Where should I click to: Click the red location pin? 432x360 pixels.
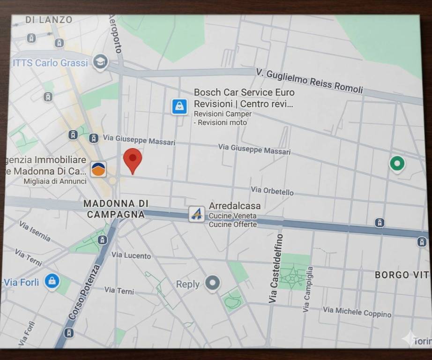133,159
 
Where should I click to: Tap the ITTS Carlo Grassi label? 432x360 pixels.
50,63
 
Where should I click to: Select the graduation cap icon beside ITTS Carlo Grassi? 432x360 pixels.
100,61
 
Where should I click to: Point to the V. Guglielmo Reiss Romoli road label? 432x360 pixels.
310,81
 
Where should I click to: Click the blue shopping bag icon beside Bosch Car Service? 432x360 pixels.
179,106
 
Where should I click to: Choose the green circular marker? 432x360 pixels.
397,164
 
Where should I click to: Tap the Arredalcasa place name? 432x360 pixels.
234,206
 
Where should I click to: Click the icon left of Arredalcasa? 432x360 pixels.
197,214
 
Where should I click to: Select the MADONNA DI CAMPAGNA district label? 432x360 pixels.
115,209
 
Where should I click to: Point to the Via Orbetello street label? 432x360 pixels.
272,190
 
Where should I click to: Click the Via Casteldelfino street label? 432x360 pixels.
275,268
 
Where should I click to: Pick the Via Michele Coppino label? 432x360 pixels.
357,312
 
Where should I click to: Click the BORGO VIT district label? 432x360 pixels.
402,275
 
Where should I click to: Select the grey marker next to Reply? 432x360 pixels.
213,283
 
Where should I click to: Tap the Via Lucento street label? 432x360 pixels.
131,255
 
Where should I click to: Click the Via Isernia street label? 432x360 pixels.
35,231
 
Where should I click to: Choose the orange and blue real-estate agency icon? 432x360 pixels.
98,169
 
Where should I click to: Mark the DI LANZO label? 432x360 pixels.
49,20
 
